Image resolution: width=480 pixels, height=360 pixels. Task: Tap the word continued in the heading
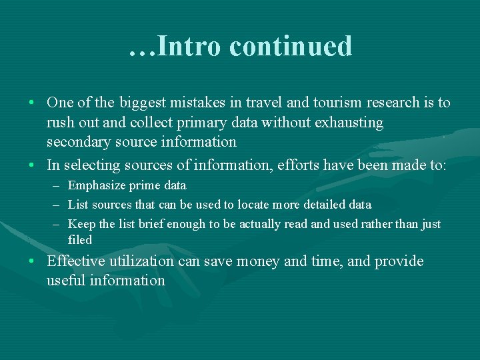290,46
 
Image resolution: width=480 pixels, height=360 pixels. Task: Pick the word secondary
75,142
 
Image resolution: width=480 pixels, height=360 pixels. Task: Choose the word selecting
89,165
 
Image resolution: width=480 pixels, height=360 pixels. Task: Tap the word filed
80,240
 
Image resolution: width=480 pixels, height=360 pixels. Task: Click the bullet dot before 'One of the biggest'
32,104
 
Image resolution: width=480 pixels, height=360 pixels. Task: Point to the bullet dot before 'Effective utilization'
32,261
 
